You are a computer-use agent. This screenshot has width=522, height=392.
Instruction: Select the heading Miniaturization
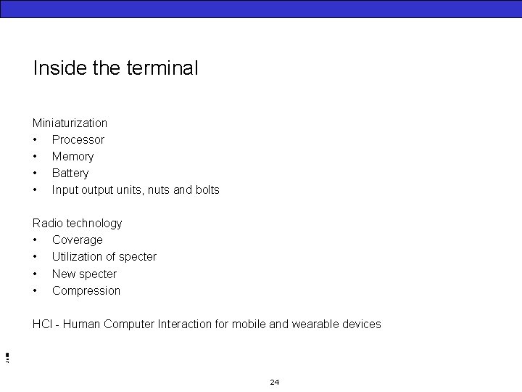click(70, 123)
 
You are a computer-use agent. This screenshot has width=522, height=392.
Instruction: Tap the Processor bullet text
click(78, 139)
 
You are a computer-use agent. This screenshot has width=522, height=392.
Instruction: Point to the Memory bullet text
click(72, 156)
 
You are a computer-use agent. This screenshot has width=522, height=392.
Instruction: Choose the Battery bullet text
click(70, 173)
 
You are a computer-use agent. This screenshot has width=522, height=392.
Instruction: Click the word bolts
click(205, 189)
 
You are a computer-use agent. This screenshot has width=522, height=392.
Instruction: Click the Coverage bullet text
click(78, 240)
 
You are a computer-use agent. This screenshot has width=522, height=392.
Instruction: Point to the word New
click(64, 274)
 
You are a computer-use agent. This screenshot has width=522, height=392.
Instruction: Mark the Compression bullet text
click(86, 290)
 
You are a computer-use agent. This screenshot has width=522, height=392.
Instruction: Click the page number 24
click(274, 382)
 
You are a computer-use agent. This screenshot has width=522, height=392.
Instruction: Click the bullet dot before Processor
click(35, 140)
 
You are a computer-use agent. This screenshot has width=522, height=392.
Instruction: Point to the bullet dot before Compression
click(35, 291)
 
